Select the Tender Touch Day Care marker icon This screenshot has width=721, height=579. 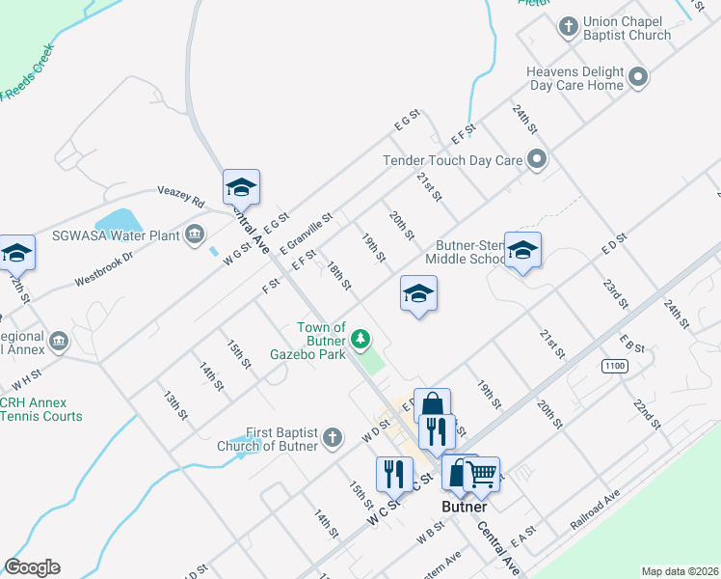click(x=538, y=160)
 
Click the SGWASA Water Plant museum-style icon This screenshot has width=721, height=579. click(x=195, y=233)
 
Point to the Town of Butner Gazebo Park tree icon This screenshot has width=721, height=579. click(x=360, y=339)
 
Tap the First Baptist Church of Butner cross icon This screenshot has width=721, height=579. click(x=331, y=437)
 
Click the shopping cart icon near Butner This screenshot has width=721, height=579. click(x=482, y=474)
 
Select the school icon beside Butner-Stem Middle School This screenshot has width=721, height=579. click(x=522, y=251)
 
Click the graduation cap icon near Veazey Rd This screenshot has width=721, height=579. click(x=241, y=187)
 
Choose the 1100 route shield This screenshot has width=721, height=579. click(x=614, y=366)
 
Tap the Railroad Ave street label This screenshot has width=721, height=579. click(x=595, y=509)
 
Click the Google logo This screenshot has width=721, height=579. click(x=32, y=567)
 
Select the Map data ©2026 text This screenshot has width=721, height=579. click(x=680, y=571)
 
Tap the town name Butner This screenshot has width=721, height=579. click(x=465, y=507)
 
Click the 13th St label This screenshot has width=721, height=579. click(x=174, y=405)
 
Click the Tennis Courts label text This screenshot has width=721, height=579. click(x=41, y=417)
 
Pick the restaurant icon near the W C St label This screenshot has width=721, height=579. click(x=394, y=474)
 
